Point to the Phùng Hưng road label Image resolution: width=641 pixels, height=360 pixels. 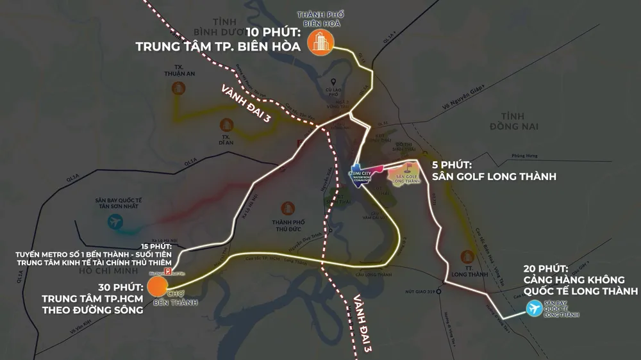524,154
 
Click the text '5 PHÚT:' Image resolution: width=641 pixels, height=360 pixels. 454,164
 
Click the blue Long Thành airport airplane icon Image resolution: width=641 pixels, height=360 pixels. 533,309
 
